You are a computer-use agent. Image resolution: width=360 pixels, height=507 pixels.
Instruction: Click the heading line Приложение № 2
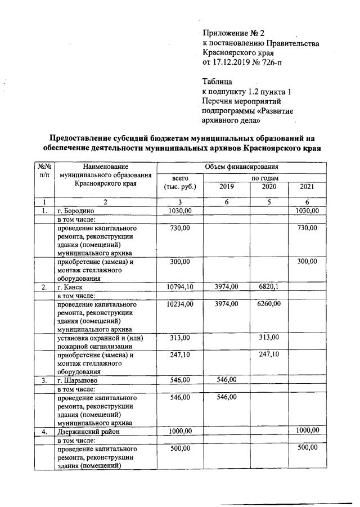pyautogui.click(x=233, y=33)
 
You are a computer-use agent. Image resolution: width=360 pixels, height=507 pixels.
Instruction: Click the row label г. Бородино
pyautogui.click(x=79, y=211)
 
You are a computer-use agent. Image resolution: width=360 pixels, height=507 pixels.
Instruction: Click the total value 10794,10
pyautogui.click(x=180, y=287)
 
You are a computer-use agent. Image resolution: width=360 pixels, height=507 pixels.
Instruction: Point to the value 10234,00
pyautogui.click(x=180, y=304)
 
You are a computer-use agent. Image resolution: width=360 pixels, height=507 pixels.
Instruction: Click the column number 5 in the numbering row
pyautogui.click(x=269, y=201)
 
